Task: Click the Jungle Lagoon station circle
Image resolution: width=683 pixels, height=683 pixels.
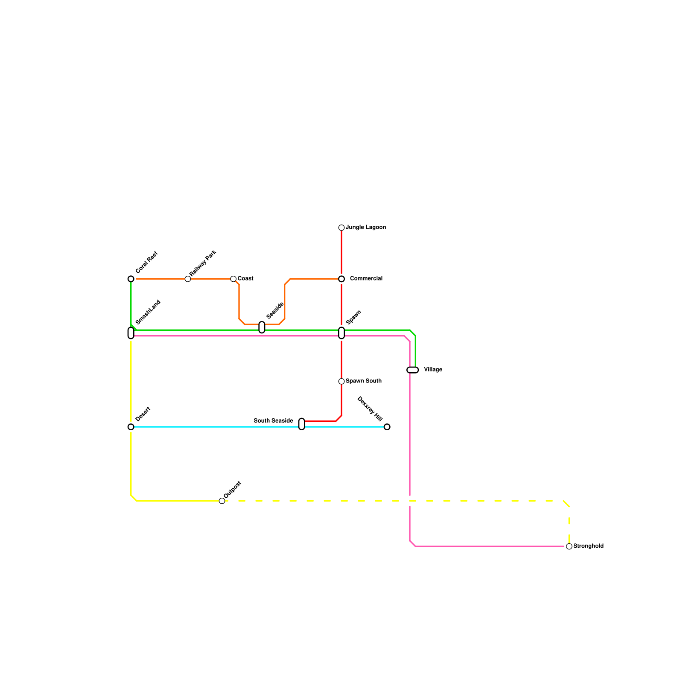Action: tap(341, 228)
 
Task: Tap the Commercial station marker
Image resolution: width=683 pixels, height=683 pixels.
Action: tap(341, 279)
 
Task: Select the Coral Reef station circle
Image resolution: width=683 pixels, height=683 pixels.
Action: tap(131, 279)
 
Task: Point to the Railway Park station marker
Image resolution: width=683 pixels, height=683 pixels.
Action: tap(188, 279)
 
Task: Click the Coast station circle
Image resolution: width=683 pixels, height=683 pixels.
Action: tap(234, 279)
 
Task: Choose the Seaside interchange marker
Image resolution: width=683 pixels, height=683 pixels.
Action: tap(262, 327)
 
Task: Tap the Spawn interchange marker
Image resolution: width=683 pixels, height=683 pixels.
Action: tap(341, 333)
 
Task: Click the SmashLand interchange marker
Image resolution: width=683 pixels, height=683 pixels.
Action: tap(131, 333)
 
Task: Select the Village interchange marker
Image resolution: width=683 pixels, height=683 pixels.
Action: tap(413, 370)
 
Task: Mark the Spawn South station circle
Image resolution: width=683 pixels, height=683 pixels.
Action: tap(341, 382)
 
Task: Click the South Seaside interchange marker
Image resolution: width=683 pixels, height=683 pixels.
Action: tap(302, 424)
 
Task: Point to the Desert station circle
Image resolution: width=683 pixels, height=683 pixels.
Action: tap(131, 427)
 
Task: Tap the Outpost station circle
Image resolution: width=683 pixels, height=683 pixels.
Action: tap(222, 501)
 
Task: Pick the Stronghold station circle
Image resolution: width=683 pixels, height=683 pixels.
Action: tap(569, 546)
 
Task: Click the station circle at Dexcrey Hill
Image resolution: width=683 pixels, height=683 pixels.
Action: tap(387, 427)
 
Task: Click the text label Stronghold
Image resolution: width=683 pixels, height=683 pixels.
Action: tap(588, 546)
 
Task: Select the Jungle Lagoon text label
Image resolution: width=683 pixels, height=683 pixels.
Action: tap(366, 228)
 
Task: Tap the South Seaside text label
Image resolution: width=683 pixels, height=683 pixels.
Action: tap(273, 421)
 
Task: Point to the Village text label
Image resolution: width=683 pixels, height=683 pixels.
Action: tap(433, 370)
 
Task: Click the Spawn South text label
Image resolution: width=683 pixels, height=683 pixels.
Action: tap(364, 381)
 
